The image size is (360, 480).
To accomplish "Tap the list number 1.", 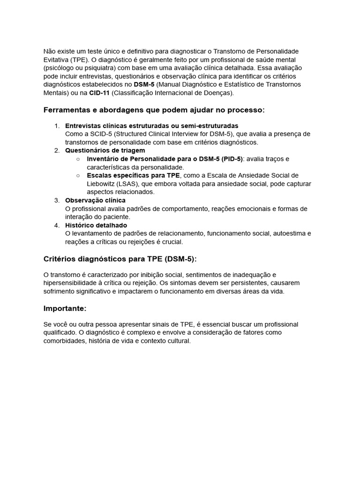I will point(57,126).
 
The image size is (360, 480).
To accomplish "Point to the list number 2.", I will point(57,150).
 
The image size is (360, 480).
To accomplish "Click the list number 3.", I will point(57,200).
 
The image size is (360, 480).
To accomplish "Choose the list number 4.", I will point(57,225).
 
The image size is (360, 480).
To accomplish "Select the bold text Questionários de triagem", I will point(105,150).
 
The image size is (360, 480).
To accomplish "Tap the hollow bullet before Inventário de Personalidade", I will point(78,159).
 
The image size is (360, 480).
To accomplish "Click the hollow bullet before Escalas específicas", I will point(78,175).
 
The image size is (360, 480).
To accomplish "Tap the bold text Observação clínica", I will point(95,200).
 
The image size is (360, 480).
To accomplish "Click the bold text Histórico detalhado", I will point(96,225).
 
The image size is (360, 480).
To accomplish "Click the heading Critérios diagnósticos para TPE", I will point(120,258).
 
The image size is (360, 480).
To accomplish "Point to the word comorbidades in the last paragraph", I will point(65,341).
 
